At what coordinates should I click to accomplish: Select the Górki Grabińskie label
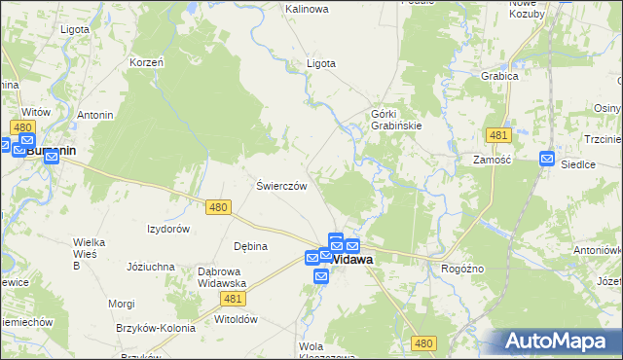pos(395,119)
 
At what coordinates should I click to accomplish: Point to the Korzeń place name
pos(145,62)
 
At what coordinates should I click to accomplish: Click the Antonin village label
pos(95,115)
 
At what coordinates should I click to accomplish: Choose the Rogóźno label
pos(463,269)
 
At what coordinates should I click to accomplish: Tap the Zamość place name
pos(492,160)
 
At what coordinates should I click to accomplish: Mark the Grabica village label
pos(496,75)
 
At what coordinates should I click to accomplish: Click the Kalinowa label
pos(307,9)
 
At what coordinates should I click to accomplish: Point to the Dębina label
pos(250,246)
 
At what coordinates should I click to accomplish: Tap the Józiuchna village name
pos(151,266)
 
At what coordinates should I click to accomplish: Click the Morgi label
pos(122,304)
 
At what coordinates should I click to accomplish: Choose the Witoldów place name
pos(235,318)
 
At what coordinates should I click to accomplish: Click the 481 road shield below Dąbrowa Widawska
pos(232,299)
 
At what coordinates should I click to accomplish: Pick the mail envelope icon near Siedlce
pos(547,158)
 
